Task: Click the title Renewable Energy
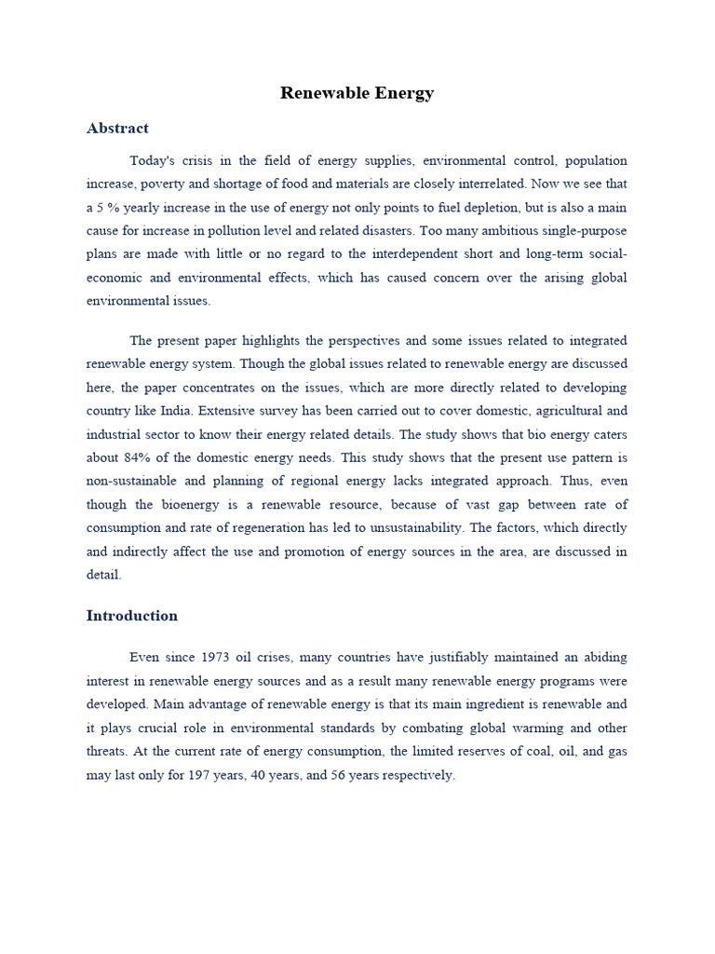tap(357, 93)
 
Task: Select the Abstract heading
tap(117, 129)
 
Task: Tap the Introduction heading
tap(131, 616)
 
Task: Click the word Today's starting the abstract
tap(153, 160)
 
